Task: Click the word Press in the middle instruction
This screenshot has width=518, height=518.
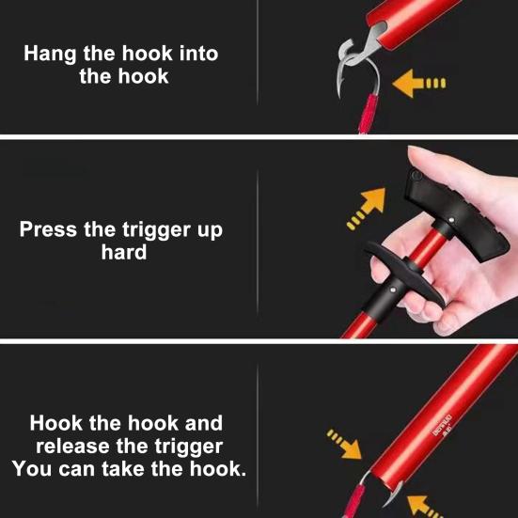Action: [x=48, y=229]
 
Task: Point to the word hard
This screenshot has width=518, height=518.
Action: [x=124, y=252]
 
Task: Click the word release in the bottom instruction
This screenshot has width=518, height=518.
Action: [x=72, y=446]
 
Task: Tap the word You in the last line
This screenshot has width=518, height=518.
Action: [x=32, y=468]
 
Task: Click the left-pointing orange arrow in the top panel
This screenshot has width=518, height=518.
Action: [x=418, y=84]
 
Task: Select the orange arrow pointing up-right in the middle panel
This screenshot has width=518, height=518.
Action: [x=367, y=208]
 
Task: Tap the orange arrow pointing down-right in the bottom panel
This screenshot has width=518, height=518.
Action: [x=345, y=445]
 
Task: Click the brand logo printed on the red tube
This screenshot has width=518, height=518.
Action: [x=443, y=426]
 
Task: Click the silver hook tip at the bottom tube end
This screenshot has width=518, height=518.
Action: [x=393, y=494]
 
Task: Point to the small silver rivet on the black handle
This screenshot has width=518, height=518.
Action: [x=451, y=220]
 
